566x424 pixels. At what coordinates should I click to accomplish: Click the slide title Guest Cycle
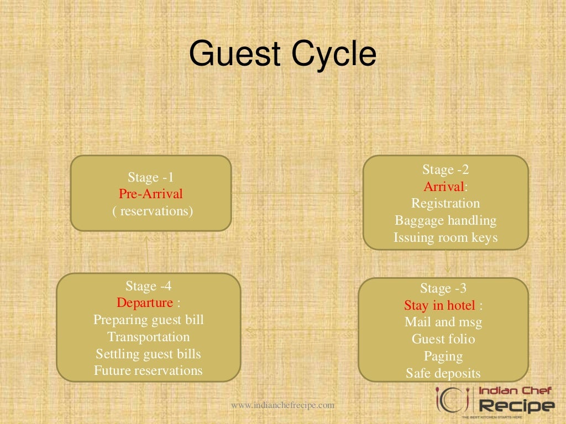pyautogui.click(x=282, y=55)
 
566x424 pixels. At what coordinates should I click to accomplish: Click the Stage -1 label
pyautogui.click(x=151, y=177)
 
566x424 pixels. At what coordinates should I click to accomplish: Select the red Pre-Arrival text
pyautogui.click(x=150, y=194)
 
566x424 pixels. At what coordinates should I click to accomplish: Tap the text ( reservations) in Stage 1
pyautogui.click(x=153, y=211)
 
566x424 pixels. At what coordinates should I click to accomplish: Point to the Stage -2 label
pyautogui.click(x=446, y=169)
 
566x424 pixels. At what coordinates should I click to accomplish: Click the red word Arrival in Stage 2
pyautogui.click(x=444, y=187)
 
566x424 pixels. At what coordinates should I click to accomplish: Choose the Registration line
pyautogui.click(x=446, y=204)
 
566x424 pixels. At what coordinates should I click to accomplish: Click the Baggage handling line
pyautogui.click(x=446, y=221)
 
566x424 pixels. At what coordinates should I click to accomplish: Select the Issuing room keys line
pyautogui.click(x=446, y=238)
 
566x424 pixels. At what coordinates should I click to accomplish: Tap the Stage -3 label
pyautogui.click(x=443, y=288)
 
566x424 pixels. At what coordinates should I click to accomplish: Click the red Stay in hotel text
pyautogui.click(x=439, y=305)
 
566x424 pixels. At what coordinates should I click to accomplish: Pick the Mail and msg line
pyautogui.click(x=443, y=322)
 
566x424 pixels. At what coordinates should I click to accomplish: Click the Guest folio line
pyautogui.click(x=443, y=339)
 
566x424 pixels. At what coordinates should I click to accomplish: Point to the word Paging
pyautogui.click(x=443, y=356)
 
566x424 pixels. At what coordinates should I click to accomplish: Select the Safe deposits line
pyautogui.click(x=443, y=373)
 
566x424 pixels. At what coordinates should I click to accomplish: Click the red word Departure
pyautogui.click(x=145, y=303)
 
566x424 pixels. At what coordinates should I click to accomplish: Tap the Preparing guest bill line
pyautogui.click(x=149, y=320)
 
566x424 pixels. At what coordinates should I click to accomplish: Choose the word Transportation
pyautogui.click(x=149, y=337)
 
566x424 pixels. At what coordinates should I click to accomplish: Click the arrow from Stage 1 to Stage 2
pyautogui.click(x=296, y=193)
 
